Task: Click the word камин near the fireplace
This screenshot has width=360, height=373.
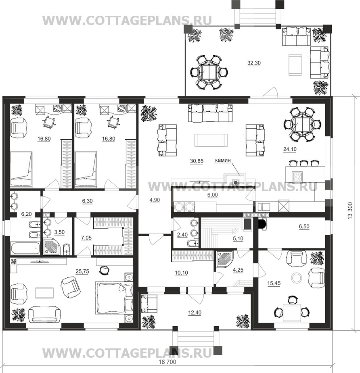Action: coord(223,160)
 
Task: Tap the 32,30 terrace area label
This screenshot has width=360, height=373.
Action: coord(254,63)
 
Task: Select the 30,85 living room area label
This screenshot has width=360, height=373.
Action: coord(197,161)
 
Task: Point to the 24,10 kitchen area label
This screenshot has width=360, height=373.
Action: coord(290,149)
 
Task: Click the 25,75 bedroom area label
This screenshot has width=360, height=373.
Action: coord(82,271)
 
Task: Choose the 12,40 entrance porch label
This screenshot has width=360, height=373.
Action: coord(195,313)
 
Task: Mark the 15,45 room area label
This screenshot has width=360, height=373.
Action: coord(274,283)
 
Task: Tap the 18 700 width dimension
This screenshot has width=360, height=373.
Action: coord(167,362)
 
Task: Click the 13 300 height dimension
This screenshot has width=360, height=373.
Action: coord(350,211)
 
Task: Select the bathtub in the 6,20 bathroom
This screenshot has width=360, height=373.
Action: coord(25,248)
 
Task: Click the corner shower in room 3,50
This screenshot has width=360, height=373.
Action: coord(51,246)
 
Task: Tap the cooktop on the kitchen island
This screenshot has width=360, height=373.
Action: coord(297,176)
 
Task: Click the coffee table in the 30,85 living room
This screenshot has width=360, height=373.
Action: coord(211,140)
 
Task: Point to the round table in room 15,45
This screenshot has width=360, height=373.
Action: coord(297,277)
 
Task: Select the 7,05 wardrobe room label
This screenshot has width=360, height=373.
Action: coord(86,238)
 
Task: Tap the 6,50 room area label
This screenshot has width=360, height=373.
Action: coord(304,227)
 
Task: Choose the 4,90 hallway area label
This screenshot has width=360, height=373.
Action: coord(155,200)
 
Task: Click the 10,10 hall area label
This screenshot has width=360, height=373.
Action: coord(182,273)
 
